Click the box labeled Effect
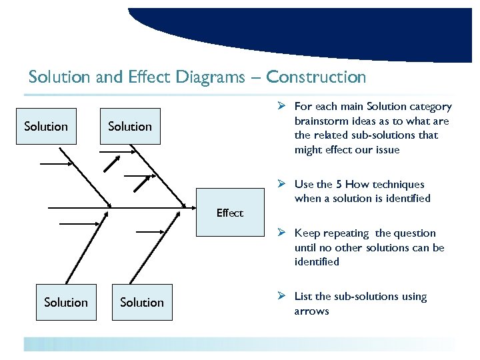tap(230, 213)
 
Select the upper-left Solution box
tap(46, 126)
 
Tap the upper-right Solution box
tap(130, 126)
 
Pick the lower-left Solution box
tap(66, 302)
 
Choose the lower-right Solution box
tap(142, 302)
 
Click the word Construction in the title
tap(316, 77)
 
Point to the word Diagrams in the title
tap(210, 77)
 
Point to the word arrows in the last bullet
tap(311, 311)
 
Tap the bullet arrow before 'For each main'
tap(283, 107)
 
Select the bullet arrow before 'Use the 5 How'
tap(283, 185)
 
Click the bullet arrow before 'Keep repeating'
tap(283, 233)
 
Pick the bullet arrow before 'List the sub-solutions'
tap(283, 297)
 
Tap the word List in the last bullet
tap(303, 297)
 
